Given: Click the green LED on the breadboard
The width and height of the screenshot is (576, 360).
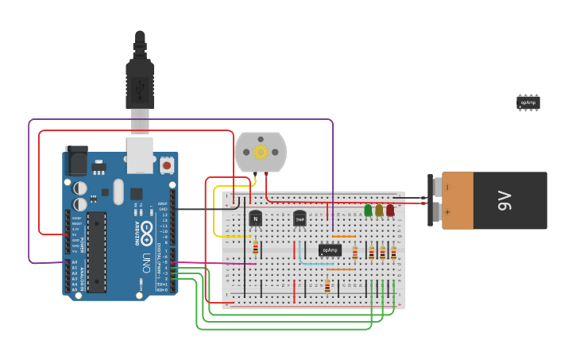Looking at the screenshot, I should [368, 211].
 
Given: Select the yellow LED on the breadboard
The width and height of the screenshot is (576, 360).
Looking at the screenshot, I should [379, 211].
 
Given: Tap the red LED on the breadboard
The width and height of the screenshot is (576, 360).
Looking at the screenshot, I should [390, 211].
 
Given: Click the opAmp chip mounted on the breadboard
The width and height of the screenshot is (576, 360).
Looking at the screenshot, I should [331, 250].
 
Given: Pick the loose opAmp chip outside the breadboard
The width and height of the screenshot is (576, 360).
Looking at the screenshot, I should [528, 103].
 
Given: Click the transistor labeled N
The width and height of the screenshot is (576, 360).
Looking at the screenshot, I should [255, 219].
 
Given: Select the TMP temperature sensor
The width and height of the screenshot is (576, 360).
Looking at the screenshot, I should [300, 219].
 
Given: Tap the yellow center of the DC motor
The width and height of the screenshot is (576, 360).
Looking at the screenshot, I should [260, 151].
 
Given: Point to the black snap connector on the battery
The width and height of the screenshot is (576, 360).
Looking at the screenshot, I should [432, 200].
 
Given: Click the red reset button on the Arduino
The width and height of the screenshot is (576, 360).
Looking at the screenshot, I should [167, 165].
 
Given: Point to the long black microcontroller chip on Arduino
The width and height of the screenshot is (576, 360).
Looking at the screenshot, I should [96, 252].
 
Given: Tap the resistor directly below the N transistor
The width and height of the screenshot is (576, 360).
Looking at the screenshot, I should [255, 247].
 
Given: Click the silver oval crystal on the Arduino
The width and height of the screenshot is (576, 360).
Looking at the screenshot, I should [118, 191].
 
